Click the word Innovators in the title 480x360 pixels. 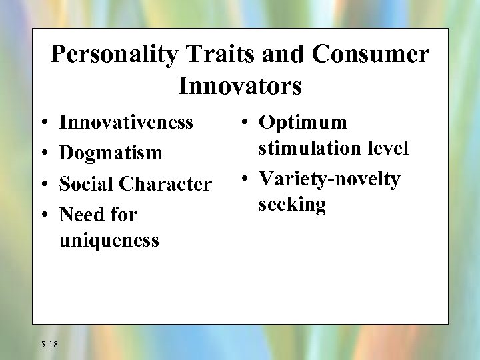[240, 85]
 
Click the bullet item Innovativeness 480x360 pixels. [126, 122]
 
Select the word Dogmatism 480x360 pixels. [111, 153]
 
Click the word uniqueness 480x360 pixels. [109, 239]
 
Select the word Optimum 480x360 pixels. [303, 123]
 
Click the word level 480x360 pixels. [388, 147]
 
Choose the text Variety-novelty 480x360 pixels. [329, 179]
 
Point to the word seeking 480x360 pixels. [292, 204]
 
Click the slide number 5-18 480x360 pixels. [49, 344]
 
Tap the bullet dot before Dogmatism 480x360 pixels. [43, 153]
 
